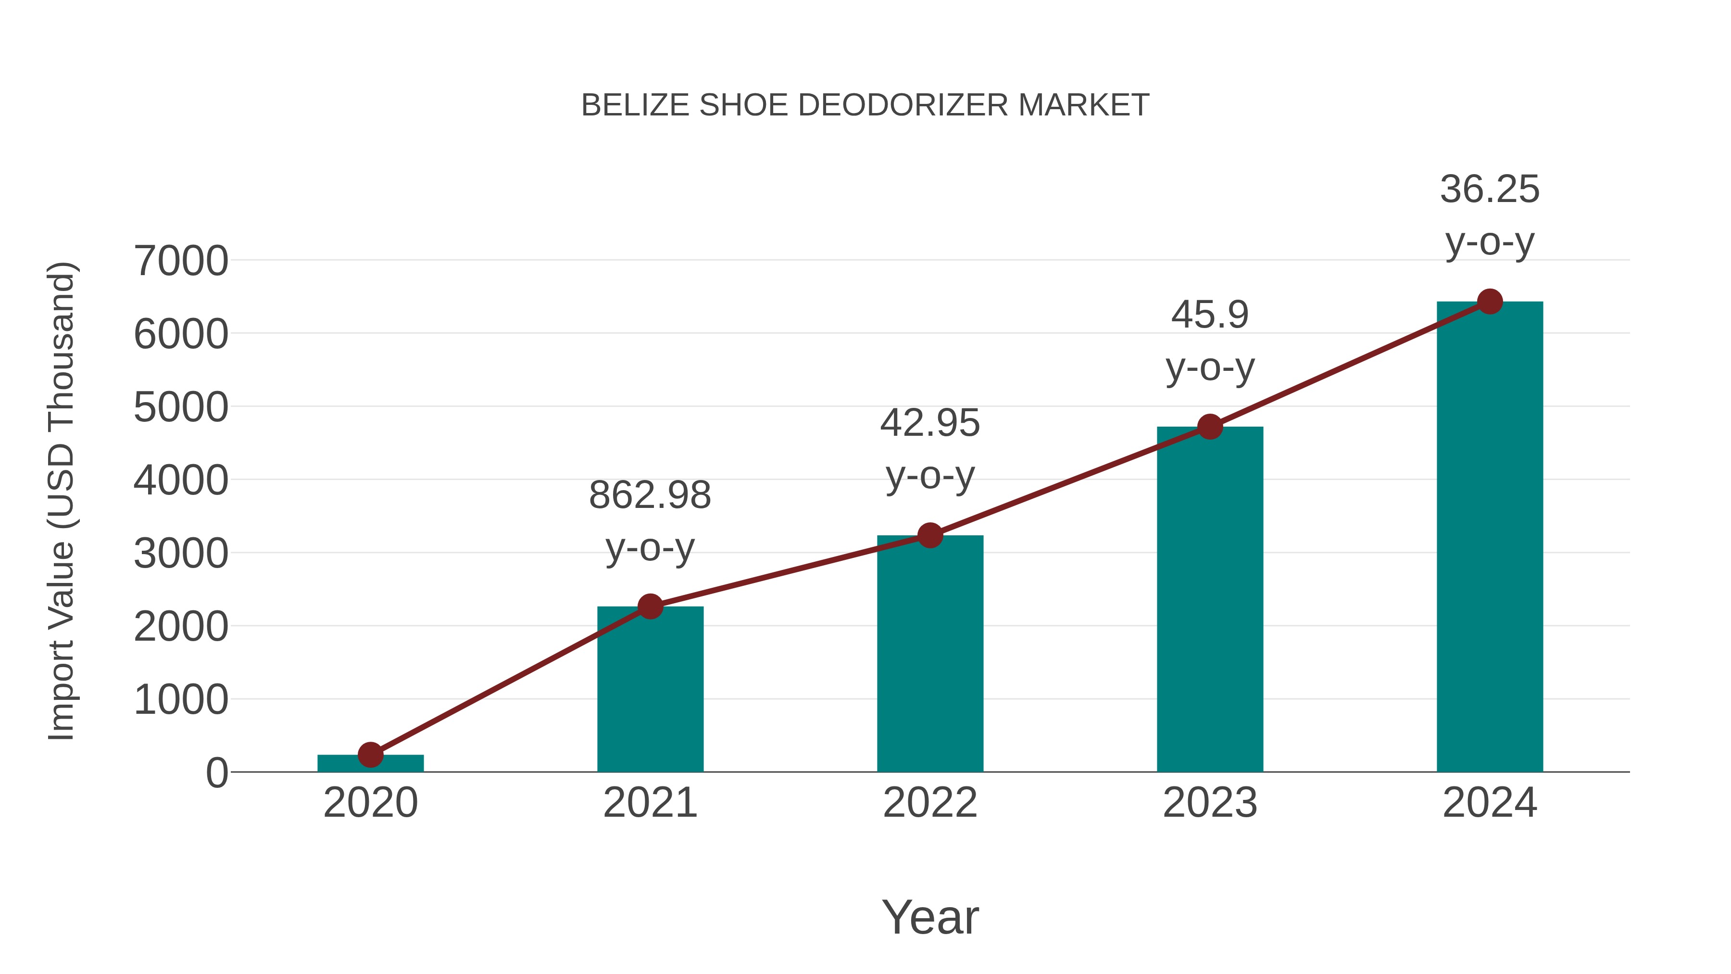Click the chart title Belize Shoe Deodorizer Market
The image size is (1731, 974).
[x=865, y=105]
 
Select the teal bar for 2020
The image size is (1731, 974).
[x=370, y=764]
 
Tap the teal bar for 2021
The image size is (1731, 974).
[x=650, y=692]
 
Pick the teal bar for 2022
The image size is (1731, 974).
[x=930, y=656]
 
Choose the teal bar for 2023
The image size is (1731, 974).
[x=1210, y=602]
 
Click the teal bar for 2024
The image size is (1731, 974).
[x=1490, y=538]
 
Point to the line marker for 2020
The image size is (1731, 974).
[x=370, y=755]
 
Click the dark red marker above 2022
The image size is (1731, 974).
[x=930, y=536]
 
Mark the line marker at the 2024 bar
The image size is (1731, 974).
[x=1490, y=302]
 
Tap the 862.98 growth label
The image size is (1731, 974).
[x=650, y=496]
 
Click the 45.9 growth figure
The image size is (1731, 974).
[x=1210, y=315]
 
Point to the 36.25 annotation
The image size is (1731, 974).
[x=1490, y=190]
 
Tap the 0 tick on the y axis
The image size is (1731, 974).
[x=216, y=773]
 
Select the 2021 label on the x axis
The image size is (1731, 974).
[x=650, y=803]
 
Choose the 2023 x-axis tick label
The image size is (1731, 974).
[x=1210, y=803]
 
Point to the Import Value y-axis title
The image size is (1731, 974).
[x=62, y=501]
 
